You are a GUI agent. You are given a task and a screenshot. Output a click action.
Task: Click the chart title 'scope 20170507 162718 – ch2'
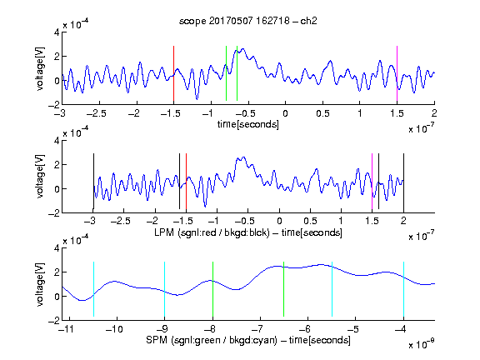coord(248,21)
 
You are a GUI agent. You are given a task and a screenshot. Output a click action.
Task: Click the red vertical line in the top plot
coord(173,73)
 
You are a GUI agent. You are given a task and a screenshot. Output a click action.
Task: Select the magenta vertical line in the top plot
coord(397,73)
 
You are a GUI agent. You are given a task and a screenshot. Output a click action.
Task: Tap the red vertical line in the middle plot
coord(186,181)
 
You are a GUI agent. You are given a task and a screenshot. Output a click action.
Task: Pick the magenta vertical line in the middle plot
coord(372,181)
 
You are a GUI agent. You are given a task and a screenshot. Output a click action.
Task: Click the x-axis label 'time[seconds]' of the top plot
coord(248,124)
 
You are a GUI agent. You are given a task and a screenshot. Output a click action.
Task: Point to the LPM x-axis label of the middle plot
coord(248,232)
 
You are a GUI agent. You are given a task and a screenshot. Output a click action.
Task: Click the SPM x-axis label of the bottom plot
coord(248,340)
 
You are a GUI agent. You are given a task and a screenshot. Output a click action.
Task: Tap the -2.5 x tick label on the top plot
coord(96,113)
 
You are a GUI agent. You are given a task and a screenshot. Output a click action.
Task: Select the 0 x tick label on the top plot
coord(285,113)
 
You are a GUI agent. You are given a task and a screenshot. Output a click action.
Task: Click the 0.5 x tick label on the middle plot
coord(310,221)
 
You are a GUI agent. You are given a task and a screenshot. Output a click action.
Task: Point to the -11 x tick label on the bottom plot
coord(67,329)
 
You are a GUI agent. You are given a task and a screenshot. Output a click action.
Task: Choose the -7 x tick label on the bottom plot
coord(258,329)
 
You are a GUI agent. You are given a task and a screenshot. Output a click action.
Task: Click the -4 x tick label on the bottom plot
coord(402,329)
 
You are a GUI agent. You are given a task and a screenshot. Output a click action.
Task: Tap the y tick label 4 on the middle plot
coord(57,141)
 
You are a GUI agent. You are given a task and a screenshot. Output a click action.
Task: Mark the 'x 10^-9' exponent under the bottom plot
coord(421,344)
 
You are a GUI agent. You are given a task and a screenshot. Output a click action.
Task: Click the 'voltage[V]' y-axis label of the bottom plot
coord(40,284)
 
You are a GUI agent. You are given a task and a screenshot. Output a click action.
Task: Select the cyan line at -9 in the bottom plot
coord(164,289)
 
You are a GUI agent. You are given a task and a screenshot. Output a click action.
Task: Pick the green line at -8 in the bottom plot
coord(212,289)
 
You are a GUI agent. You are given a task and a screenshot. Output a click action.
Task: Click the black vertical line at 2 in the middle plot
coord(403,181)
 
